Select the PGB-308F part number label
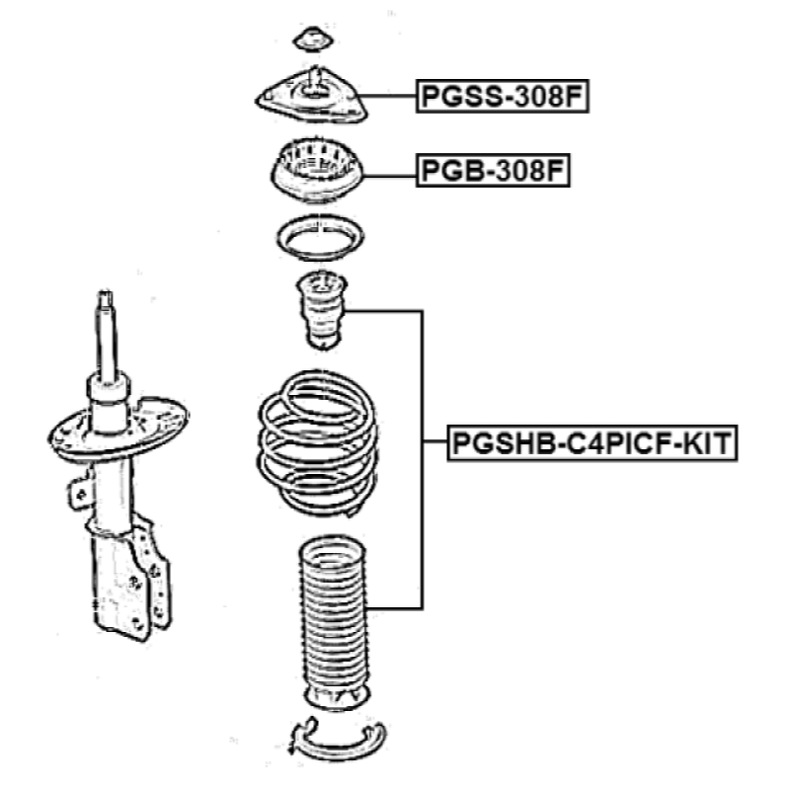coord(494,171)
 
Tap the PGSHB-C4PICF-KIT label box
coord(592,442)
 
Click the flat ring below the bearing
coord(320,238)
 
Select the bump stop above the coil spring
coord(319,309)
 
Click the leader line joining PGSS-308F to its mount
coord(391,97)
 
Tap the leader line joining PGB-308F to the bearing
coord(391,172)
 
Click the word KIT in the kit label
coord(707,442)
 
